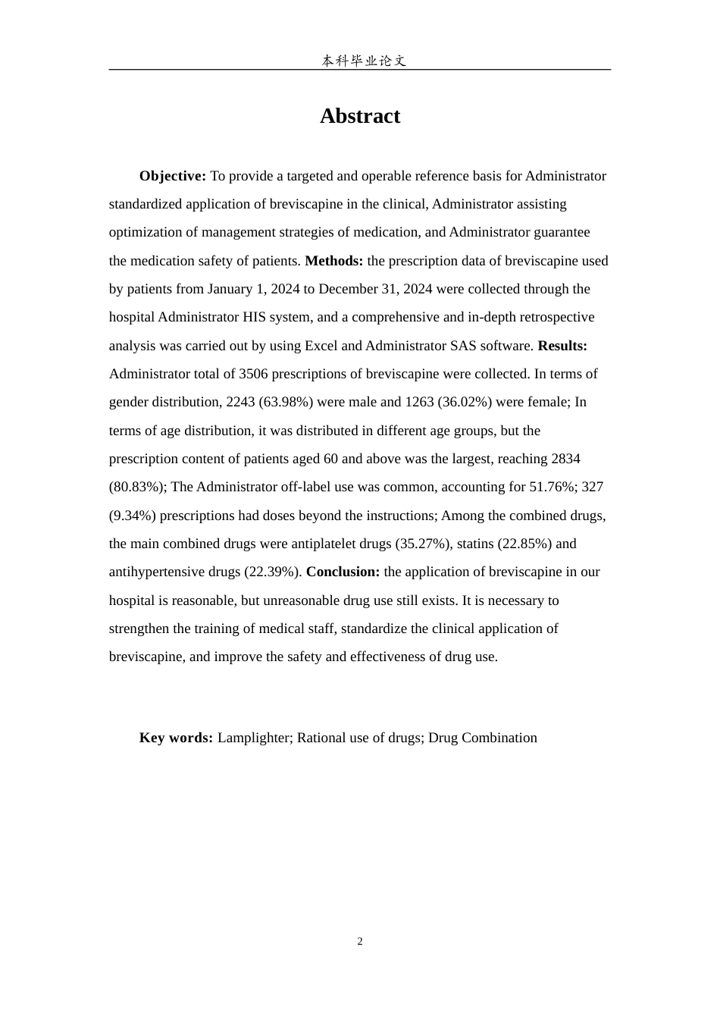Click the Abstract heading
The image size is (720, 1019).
click(359, 116)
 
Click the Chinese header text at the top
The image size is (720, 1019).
click(364, 61)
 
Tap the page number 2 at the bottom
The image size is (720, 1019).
click(360, 942)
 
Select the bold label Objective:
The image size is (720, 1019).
click(172, 176)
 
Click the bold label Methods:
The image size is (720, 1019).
click(333, 261)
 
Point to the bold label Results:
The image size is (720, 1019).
click(562, 346)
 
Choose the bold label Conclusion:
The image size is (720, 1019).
click(343, 572)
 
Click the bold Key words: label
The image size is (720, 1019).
click(176, 738)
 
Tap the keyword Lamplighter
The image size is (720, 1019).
click(253, 738)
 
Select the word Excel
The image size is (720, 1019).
click(321, 346)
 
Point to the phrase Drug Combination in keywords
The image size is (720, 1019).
click(483, 738)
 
